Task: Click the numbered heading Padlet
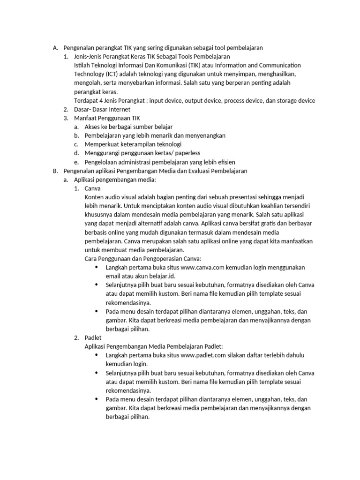[93, 337]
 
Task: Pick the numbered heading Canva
[92, 188]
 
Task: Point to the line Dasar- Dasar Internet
[102, 109]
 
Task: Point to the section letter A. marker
[55, 47]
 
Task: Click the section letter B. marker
[55, 171]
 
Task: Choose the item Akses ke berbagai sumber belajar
[128, 127]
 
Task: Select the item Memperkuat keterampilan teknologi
[133, 144]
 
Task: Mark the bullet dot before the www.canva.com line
[97, 267]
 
